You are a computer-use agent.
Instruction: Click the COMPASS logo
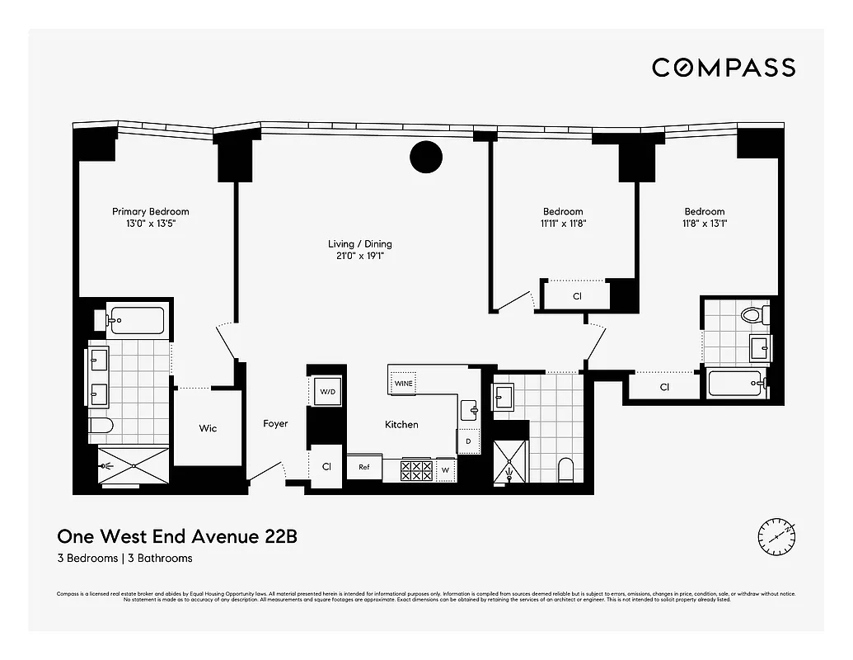724,68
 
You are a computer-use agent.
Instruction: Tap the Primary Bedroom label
151,212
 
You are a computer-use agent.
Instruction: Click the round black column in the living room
426,157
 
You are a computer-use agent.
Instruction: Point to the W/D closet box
326,392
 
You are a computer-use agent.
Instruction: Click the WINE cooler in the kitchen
403,383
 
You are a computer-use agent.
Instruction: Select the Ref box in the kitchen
363,467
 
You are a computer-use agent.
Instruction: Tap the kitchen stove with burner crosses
416,470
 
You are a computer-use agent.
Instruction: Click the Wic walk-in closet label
208,428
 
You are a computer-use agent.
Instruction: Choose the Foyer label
275,424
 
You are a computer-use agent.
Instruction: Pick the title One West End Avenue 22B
176,537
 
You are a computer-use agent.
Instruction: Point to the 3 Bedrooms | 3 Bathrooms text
124,559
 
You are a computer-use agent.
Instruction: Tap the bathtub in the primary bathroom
136,320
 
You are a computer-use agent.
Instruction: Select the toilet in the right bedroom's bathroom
752,314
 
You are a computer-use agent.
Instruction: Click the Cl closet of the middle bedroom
577,295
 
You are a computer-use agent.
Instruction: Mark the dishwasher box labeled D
468,441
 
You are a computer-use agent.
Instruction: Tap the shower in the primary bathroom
132,466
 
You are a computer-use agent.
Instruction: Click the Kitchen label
401,424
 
